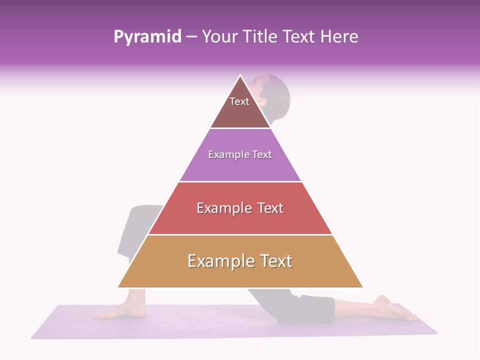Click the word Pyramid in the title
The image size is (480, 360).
click(x=147, y=37)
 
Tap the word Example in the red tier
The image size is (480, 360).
click(x=223, y=208)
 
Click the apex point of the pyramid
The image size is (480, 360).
click(x=240, y=76)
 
